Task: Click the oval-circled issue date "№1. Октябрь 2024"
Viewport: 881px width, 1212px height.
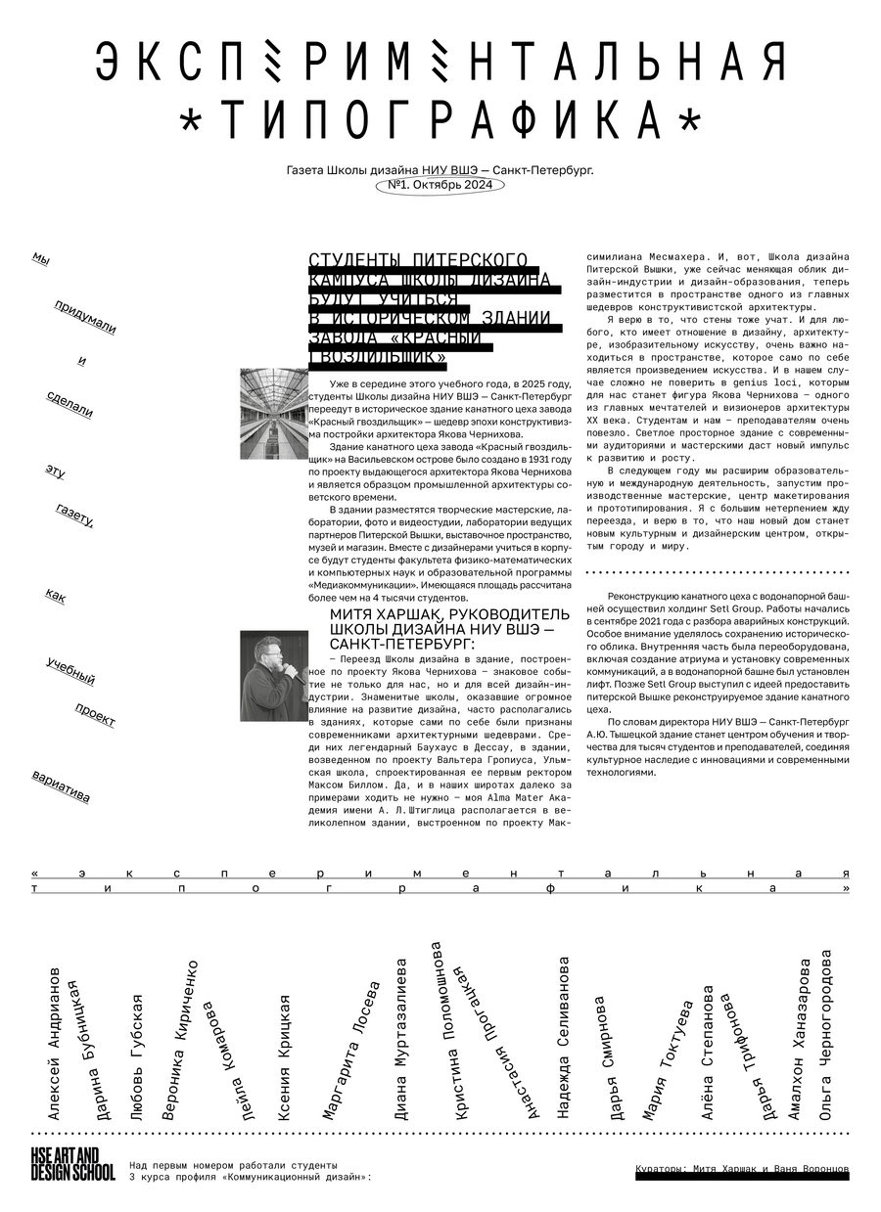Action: (x=440, y=185)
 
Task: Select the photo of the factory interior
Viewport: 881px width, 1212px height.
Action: (x=273, y=414)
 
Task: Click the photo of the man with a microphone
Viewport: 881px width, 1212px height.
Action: (x=273, y=676)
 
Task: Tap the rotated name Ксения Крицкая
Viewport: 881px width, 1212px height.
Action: (x=284, y=1055)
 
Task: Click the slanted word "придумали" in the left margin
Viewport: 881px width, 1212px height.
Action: (x=85, y=317)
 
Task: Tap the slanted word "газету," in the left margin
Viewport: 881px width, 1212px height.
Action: (x=75, y=515)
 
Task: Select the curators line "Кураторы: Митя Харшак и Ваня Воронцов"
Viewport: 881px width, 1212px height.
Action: (x=742, y=1170)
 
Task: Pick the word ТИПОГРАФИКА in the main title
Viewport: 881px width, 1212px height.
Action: (x=440, y=120)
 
